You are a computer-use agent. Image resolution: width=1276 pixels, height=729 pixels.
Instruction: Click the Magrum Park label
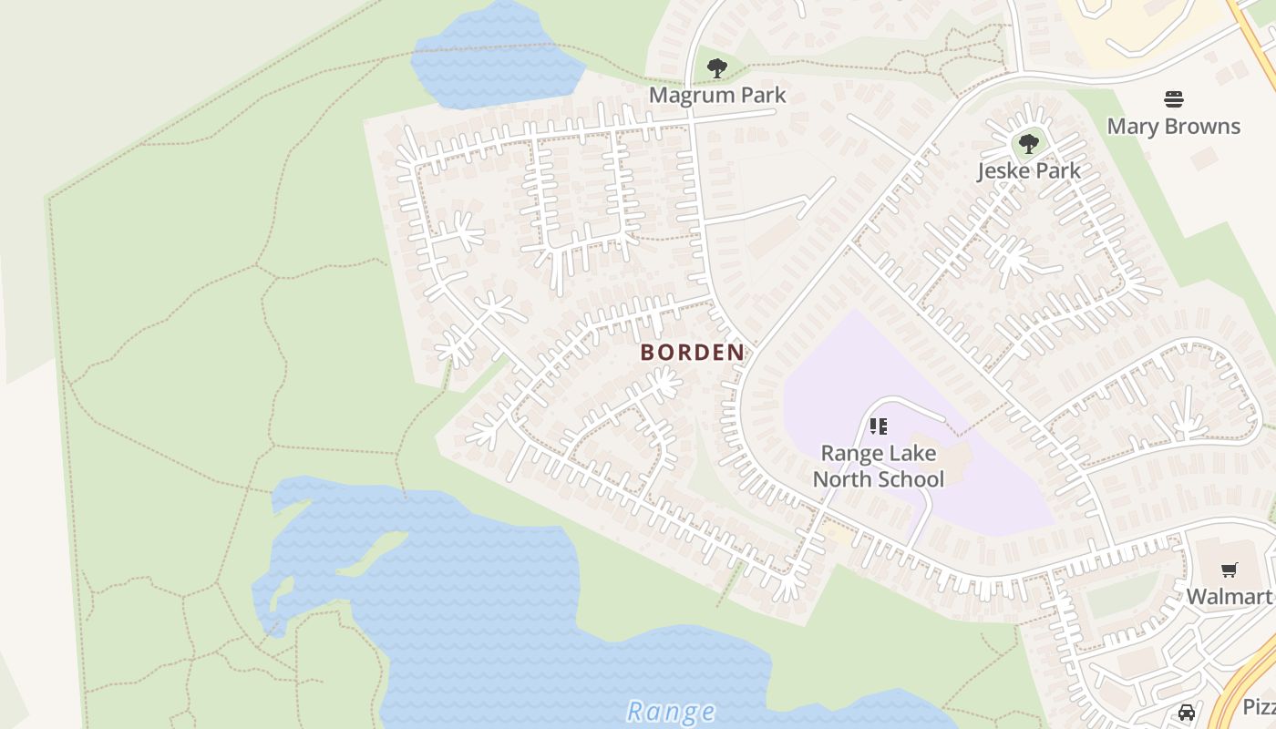point(716,95)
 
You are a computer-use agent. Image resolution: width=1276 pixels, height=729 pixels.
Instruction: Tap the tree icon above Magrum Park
point(717,67)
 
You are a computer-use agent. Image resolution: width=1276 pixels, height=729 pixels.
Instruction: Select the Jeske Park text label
point(1028,170)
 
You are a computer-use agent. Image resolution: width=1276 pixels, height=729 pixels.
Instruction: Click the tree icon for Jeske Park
point(1028,143)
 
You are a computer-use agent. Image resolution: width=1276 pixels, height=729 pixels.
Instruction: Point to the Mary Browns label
point(1173,126)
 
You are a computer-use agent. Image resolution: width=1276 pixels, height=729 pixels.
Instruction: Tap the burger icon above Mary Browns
point(1173,98)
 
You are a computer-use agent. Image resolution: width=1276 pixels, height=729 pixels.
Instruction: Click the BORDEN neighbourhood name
point(692,352)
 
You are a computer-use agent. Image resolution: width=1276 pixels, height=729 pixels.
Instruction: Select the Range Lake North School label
point(878,466)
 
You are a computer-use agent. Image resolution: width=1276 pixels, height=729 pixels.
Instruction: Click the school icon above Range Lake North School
point(878,426)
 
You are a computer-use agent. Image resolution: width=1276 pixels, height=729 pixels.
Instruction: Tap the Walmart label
point(1228,597)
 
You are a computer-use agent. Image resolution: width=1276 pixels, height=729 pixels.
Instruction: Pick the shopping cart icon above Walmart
point(1229,570)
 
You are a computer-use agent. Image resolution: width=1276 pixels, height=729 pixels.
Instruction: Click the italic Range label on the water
point(671,712)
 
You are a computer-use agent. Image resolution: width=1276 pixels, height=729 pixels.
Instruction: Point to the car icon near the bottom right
point(1186,713)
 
